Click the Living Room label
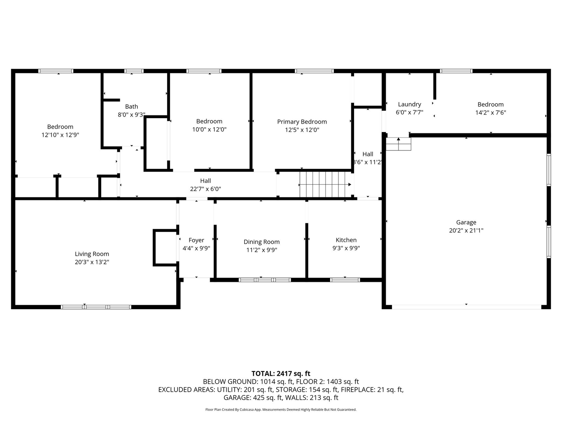pos(92,254)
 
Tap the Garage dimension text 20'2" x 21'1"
pos(466,230)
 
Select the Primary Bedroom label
pos(302,122)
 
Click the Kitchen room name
pos(346,240)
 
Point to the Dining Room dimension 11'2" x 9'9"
pos(261,250)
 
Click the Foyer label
pos(196,240)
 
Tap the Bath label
pos(132,106)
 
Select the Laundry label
pos(409,104)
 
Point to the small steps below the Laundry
pos(398,144)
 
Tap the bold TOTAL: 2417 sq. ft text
pos(281,373)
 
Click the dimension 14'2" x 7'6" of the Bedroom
pos(491,112)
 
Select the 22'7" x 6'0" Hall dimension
pos(205,189)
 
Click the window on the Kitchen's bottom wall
pos(345,279)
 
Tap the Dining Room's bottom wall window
pos(265,279)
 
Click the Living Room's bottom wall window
pos(96,307)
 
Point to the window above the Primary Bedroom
pos(314,71)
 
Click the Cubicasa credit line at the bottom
pos(281,409)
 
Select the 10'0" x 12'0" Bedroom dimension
pos(209,129)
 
